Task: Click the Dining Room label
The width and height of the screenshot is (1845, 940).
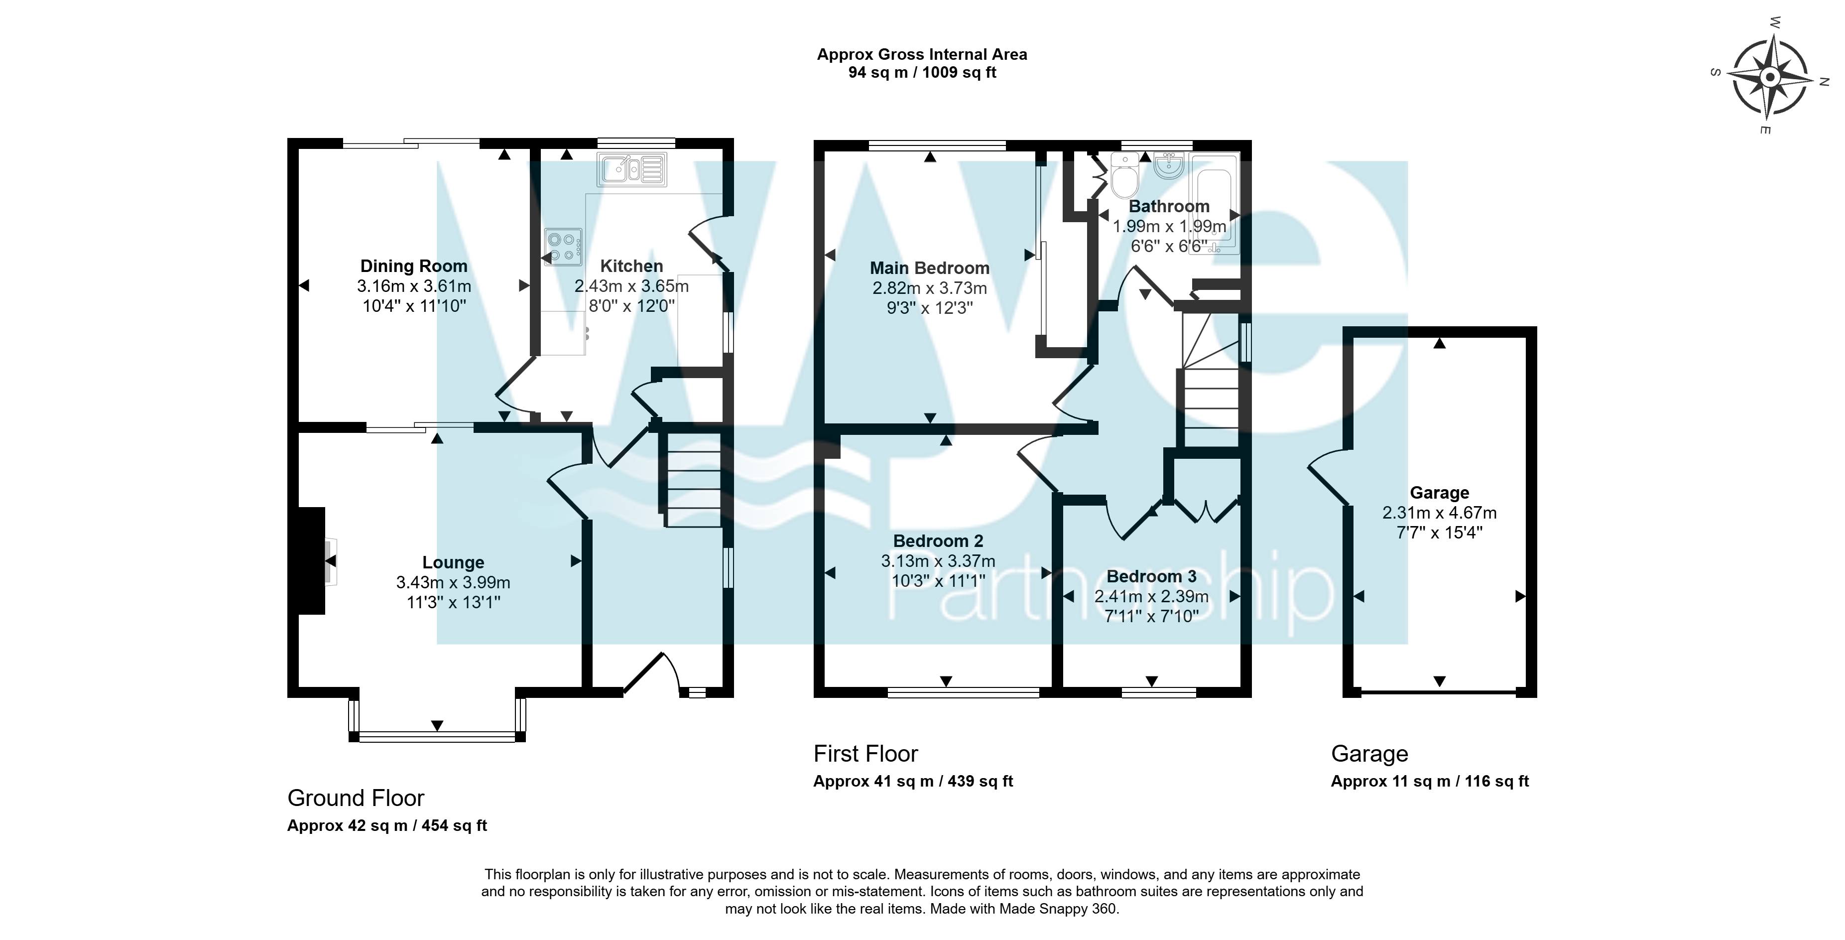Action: [x=413, y=267]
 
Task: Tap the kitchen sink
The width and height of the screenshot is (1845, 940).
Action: [x=632, y=169]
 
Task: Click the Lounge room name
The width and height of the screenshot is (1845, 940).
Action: [x=453, y=563]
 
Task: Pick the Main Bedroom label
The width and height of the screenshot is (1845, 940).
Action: [x=930, y=269]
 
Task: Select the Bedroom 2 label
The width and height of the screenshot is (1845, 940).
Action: [x=938, y=541]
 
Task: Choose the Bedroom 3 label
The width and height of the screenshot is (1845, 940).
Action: [x=1152, y=577]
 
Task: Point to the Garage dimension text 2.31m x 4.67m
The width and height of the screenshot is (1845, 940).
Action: [x=1440, y=513]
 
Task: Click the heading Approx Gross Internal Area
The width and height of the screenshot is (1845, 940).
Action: [x=922, y=54]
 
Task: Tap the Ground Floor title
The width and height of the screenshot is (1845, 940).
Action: [x=356, y=798]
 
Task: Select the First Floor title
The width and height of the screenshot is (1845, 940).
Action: [x=866, y=754]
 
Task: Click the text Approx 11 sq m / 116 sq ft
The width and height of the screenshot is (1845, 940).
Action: [x=1430, y=782]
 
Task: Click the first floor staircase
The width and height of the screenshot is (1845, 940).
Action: [x=1211, y=380]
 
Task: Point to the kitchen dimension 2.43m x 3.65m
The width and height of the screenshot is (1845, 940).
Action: [x=632, y=286]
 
